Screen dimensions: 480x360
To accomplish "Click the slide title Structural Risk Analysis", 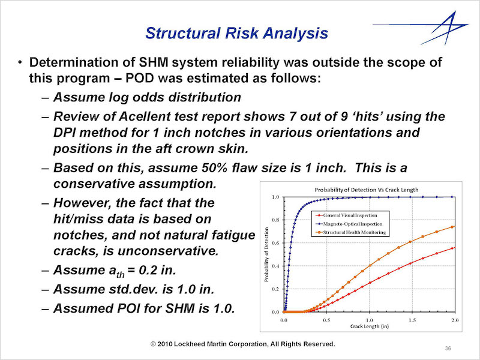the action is [236, 33].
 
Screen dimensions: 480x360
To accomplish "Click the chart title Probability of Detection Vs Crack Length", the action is [367, 190].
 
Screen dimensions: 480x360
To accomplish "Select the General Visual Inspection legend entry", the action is [350, 215].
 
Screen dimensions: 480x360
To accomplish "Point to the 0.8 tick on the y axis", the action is [275, 220].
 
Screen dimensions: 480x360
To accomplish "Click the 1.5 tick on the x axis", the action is [412, 320].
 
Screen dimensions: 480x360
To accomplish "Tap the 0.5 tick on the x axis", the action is [326, 320].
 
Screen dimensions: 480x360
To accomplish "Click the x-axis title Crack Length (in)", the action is [370, 326].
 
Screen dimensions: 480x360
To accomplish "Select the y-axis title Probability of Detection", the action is [266, 254].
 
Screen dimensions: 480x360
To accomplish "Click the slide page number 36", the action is [448, 349].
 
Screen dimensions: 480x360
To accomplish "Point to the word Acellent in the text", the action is [141, 116].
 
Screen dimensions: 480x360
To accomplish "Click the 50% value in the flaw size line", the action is [215, 168].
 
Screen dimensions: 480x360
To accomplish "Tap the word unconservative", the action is [168, 251].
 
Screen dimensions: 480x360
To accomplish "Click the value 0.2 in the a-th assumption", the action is [148, 270].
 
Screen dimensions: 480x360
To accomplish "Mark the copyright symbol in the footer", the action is [154, 344].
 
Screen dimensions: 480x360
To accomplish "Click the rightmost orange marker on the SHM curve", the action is [453, 227].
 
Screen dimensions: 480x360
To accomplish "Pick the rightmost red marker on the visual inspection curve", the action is [453, 248].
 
